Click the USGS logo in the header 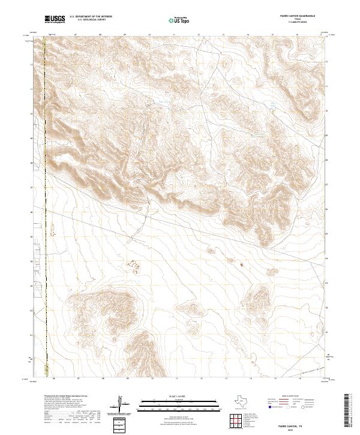click(x=54, y=20)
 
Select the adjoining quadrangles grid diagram click(x=236, y=422)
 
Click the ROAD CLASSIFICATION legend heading click(x=295, y=397)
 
